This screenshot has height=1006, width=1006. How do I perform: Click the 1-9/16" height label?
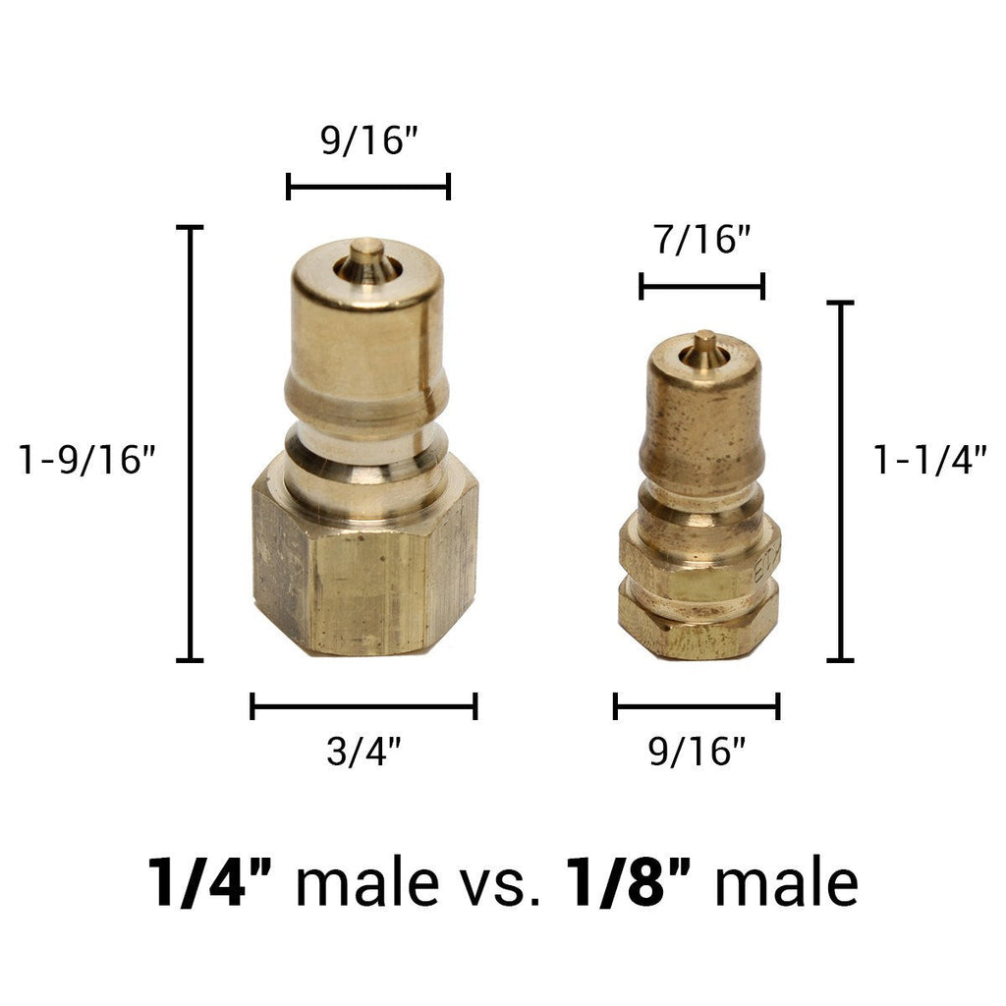click(87, 460)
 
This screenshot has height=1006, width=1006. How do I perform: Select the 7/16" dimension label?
click(701, 240)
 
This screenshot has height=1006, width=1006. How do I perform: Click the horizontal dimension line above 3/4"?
click(363, 705)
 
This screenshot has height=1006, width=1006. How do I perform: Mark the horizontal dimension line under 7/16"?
click(701, 287)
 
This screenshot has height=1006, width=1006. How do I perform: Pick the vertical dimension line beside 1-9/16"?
click(189, 442)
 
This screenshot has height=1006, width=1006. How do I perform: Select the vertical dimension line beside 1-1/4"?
click(840, 481)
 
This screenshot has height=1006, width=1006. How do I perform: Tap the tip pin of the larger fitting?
click(367, 257)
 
